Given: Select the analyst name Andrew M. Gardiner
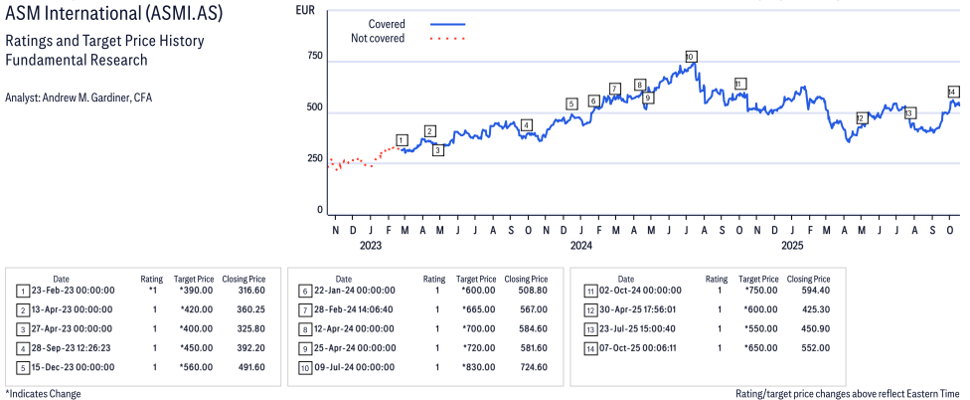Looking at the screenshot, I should (78, 98).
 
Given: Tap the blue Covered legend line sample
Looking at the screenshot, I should (449, 24).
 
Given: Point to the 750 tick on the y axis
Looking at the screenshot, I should (314, 56).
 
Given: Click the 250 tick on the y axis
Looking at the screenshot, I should (314, 159).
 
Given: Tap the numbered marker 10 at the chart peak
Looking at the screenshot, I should (691, 57).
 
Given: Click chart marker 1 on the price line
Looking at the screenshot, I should (402, 140).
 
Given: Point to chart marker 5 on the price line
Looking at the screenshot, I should (571, 103).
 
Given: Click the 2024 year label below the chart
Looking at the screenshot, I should (581, 245).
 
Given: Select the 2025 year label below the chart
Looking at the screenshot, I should (792, 245).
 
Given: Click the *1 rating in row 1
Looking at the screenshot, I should (153, 291).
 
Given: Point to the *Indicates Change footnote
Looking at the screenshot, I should (43, 393).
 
